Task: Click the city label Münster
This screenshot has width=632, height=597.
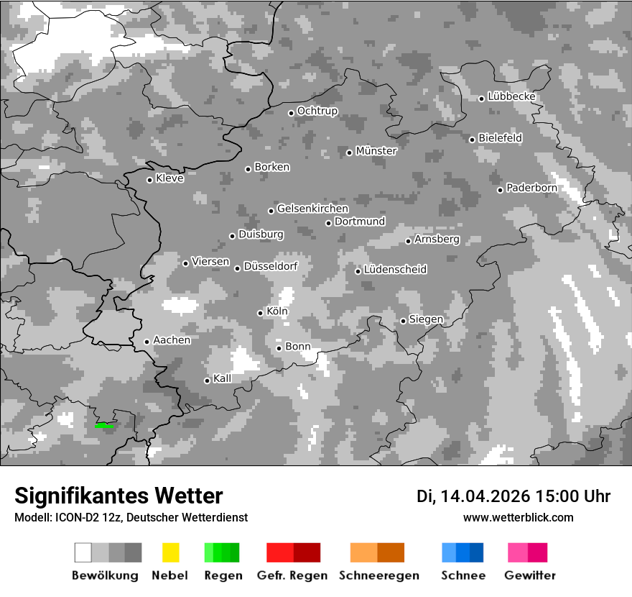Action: [376, 151]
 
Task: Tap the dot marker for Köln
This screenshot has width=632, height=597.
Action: [260, 313]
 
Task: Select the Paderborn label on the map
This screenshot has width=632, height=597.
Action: [531, 188]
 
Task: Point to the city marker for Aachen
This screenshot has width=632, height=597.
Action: [147, 342]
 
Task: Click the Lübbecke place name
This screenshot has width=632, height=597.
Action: [511, 96]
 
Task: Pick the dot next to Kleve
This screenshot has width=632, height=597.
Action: [149, 180]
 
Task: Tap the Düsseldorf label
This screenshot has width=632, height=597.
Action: [270, 267]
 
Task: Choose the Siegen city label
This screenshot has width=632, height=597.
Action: [426, 319]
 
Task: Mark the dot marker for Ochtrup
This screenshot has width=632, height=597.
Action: [291, 113]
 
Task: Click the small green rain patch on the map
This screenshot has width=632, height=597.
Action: [103, 426]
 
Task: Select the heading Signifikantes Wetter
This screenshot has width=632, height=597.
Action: [118, 496]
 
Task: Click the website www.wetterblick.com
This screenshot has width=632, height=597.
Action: [518, 518]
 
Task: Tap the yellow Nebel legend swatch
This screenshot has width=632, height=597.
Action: [170, 552]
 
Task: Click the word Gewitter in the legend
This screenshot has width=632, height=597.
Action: [530, 575]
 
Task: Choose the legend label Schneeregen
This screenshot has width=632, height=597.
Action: [379, 575]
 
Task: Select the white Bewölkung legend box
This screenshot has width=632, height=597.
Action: [83, 552]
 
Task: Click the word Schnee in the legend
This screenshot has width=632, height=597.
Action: [463, 575]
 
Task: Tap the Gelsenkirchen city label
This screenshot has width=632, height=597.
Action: [312, 209]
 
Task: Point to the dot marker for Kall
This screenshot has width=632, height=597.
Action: [207, 380]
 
